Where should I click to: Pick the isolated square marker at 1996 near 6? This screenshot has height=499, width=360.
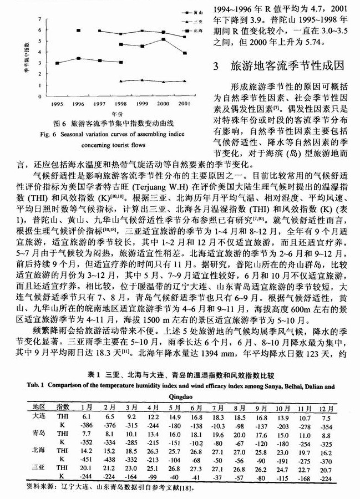[x=78, y=30]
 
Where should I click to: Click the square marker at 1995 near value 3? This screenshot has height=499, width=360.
[x=57, y=63]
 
